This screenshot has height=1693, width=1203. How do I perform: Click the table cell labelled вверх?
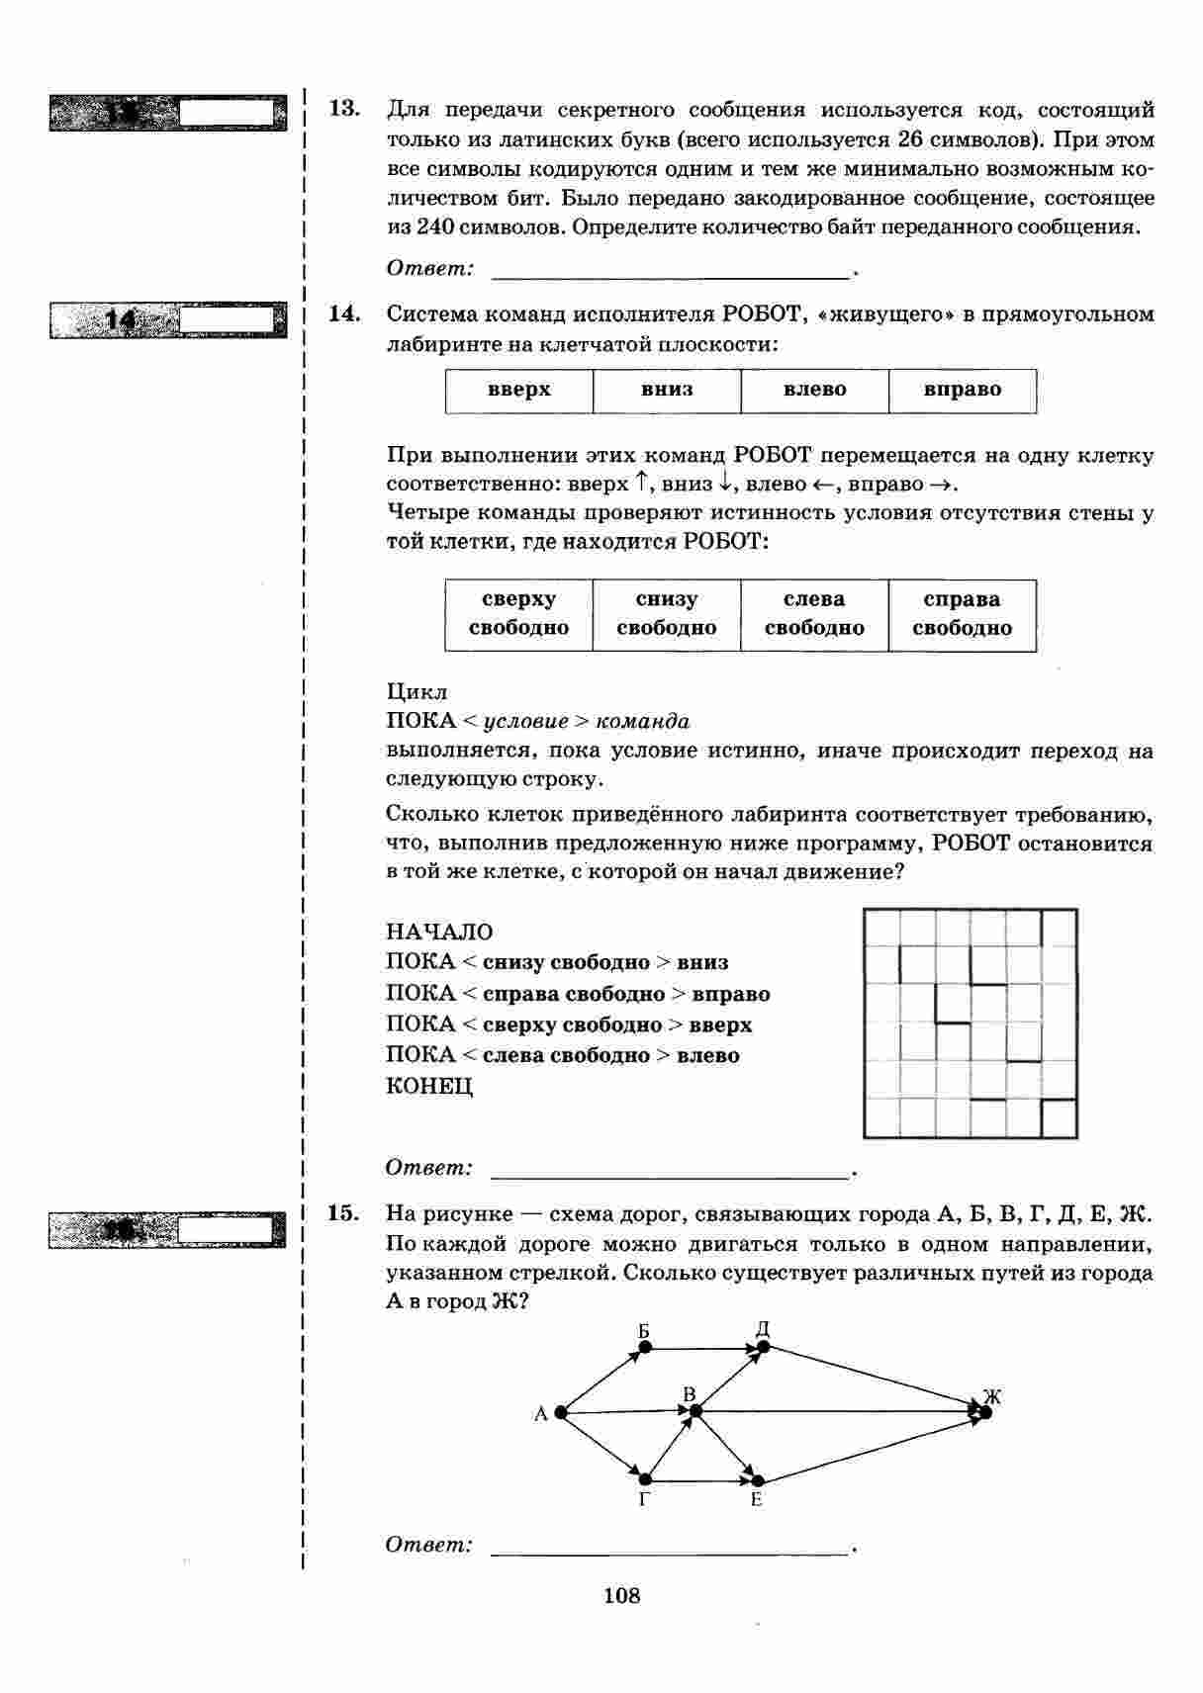(x=518, y=390)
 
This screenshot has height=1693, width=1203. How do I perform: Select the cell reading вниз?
(x=667, y=390)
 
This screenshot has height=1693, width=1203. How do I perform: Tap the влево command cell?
(x=814, y=390)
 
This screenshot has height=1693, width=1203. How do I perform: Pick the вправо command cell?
(x=963, y=390)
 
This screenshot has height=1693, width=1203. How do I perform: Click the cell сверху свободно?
(x=518, y=614)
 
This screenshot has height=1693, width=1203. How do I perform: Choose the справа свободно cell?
(x=963, y=614)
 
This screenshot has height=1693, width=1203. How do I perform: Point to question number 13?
(x=343, y=108)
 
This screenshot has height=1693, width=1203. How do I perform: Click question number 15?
(x=343, y=1212)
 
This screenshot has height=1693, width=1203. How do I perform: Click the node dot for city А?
(x=561, y=1413)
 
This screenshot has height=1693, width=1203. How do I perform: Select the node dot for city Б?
(x=644, y=1347)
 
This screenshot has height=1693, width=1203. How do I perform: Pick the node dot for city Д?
(x=763, y=1347)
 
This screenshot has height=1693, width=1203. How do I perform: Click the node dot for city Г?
(x=645, y=1479)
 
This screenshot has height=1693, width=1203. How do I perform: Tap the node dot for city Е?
(x=758, y=1480)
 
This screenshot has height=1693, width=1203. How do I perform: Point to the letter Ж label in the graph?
(x=992, y=1397)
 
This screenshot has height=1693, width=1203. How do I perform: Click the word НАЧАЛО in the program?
(x=439, y=933)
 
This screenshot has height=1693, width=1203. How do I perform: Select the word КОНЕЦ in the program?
(x=429, y=1086)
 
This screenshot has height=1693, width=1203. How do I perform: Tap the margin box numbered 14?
(x=166, y=320)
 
